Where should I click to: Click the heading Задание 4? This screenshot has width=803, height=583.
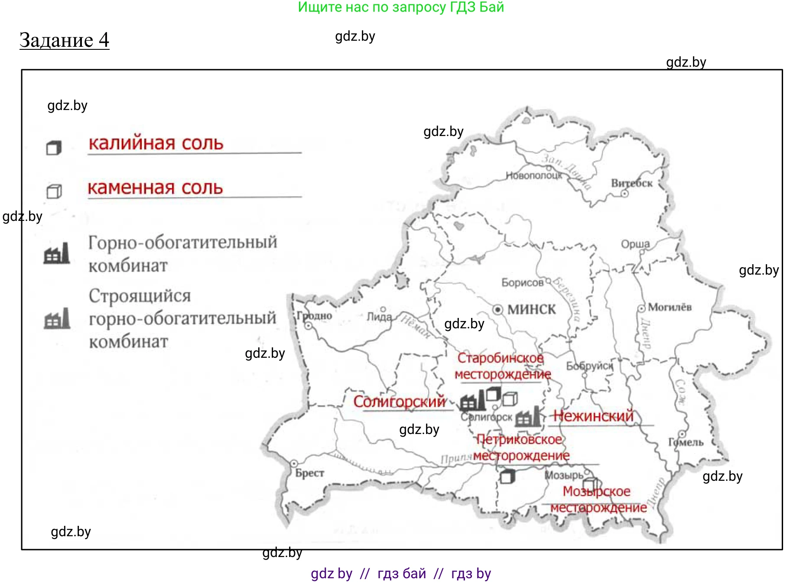coord(64,40)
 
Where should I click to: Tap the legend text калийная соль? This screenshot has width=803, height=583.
coord(156,143)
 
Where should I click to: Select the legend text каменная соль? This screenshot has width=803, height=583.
coord(155,188)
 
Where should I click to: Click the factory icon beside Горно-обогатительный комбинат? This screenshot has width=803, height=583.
coord(57,254)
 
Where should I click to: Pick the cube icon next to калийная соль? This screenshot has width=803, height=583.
coord(54,148)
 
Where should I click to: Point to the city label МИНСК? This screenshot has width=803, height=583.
coord(531,309)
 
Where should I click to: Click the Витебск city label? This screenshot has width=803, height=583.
coord(631,183)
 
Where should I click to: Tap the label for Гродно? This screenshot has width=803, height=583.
coord(315,316)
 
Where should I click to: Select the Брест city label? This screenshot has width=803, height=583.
coord(309,473)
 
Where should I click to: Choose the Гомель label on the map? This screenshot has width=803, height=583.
coord(686,442)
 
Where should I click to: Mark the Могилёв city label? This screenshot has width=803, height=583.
coord(670,307)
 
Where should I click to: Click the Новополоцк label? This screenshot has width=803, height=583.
coord(534,175)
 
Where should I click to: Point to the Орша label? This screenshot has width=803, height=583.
coord(635,244)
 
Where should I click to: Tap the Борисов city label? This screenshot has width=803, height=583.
coord(522,282)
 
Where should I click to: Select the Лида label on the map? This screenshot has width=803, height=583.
coord(379,317)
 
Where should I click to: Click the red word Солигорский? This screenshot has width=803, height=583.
coord(400,402)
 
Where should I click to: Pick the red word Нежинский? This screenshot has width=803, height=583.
coord(593,416)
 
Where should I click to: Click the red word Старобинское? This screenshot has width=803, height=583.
coord(501,358)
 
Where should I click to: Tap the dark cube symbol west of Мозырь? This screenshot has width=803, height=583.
coord(507,477)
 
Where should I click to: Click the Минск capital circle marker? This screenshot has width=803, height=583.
coord(498,309)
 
